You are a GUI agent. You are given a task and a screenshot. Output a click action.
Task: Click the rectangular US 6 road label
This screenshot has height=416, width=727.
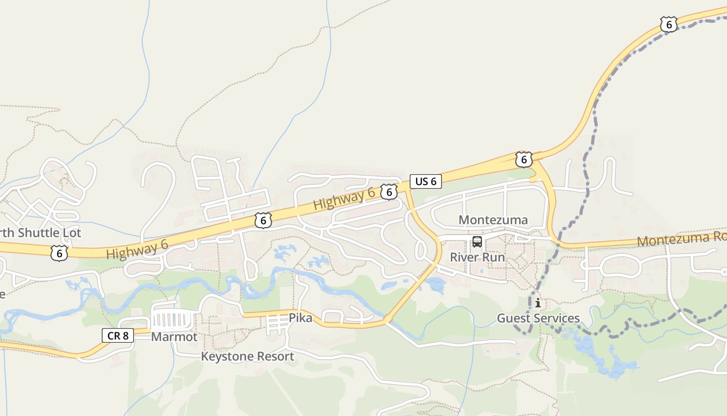[426, 181]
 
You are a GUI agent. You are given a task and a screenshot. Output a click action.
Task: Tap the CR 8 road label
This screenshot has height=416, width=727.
[118, 335]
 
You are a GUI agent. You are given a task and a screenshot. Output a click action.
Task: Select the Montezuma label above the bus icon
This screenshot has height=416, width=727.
[493, 220]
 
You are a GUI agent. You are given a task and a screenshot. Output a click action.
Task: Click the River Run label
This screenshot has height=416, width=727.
[477, 257]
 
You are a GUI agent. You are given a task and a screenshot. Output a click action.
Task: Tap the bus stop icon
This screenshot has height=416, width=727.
[477, 242]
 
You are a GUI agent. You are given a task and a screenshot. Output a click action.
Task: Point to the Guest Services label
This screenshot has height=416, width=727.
[538, 318]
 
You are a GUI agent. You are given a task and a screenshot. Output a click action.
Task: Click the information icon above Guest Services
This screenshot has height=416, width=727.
[538, 303]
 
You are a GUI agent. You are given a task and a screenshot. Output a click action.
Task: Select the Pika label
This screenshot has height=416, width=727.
[301, 318]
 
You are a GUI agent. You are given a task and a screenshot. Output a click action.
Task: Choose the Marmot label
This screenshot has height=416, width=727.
[174, 337]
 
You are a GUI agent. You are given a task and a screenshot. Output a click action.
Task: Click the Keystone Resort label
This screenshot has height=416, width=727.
[247, 356]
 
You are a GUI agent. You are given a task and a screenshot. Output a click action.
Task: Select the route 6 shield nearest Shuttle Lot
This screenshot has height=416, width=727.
[59, 253]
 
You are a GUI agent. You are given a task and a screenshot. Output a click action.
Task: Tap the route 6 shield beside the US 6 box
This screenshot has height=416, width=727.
[388, 192]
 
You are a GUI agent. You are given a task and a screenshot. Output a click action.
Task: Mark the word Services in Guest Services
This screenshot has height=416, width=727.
[557, 318]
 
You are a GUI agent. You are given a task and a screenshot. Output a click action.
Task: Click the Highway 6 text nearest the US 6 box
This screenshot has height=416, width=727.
[344, 199]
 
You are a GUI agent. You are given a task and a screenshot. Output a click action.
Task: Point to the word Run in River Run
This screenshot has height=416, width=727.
[493, 257]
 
